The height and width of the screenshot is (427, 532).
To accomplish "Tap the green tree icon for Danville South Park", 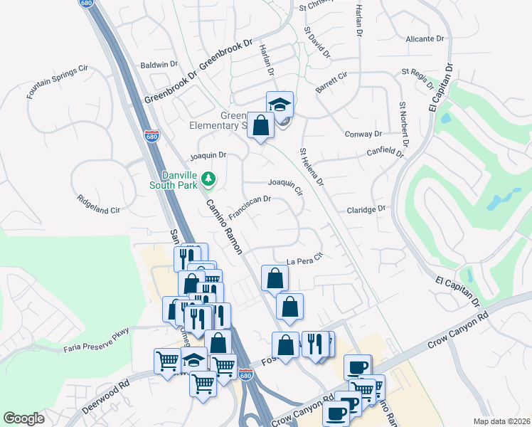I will click(x=208, y=179).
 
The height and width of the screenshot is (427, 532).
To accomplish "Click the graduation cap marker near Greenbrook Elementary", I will click(x=280, y=104).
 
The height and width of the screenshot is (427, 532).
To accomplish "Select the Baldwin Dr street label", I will click(x=159, y=64).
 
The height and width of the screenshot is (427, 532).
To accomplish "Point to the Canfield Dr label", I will click(x=385, y=151).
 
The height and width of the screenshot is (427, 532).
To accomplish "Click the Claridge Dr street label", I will click(x=366, y=209).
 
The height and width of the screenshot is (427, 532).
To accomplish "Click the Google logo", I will click(x=23, y=418).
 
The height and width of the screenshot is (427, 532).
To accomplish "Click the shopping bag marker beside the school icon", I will click(x=261, y=125).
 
